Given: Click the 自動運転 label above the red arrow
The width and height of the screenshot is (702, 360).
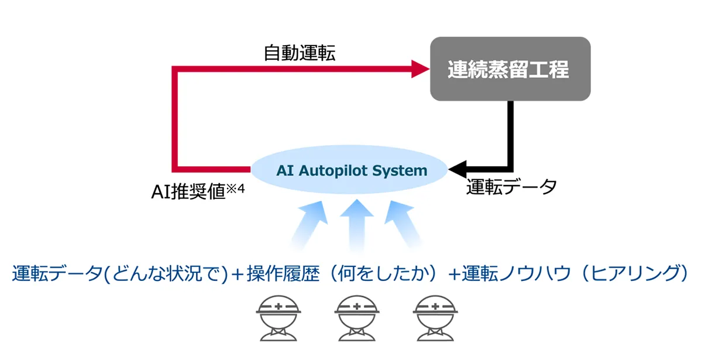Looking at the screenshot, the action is pos(300,53).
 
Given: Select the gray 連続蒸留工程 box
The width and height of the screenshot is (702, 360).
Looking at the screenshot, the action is pos(510,68).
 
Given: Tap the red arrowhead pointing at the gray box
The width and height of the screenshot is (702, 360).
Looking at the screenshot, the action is pos(421,69).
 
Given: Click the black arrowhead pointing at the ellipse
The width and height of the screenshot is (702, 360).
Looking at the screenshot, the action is pos(457,169).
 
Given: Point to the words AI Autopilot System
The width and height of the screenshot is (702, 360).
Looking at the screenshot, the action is pos(352,170).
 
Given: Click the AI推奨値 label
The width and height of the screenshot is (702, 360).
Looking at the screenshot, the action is pos(188,191).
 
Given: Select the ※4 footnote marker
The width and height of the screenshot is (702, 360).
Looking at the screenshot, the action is pos(235,188).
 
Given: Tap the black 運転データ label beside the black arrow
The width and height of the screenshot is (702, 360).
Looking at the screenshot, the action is pos(511,187).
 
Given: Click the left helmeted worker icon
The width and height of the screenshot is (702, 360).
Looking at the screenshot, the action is pos(278,318).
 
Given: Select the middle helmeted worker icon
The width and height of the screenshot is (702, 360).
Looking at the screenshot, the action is pos(357,318).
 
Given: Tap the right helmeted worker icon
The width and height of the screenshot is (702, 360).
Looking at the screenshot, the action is pos(435,318).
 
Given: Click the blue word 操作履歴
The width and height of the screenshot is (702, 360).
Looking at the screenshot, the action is pos(283,273).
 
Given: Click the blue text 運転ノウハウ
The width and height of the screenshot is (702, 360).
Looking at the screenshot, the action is pos(517,273).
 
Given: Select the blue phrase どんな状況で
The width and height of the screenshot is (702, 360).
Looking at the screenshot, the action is pos(166,273).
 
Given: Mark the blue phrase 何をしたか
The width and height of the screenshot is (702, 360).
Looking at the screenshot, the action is pos(383,273).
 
